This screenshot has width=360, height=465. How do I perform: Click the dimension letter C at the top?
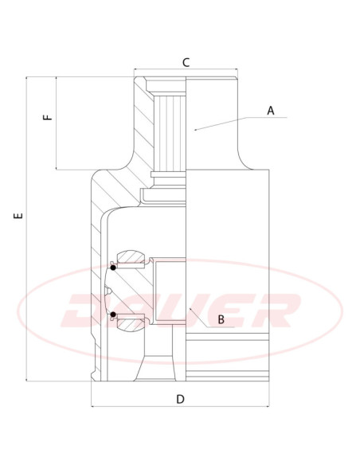[x=186, y=63]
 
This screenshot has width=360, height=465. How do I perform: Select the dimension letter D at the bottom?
[x=180, y=399]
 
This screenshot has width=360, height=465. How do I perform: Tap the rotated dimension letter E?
[x=18, y=215]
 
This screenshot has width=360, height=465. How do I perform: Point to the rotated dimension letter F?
[x=48, y=117]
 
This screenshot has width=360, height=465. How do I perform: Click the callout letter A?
[x=271, y=111]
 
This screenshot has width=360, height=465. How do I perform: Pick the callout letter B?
[x=221, y=319]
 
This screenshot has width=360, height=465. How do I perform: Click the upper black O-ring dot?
[x=113, y=268]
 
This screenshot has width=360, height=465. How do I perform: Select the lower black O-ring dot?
[x=113, y=315]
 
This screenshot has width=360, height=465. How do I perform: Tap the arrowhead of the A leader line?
[x=195, y=130]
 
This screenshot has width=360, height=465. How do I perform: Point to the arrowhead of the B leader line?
[x=190, y=310]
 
